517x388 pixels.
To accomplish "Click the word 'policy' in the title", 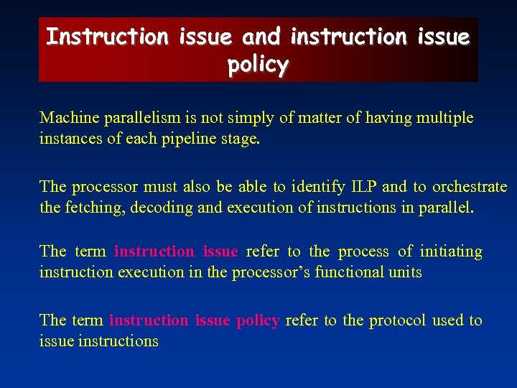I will point(258,65).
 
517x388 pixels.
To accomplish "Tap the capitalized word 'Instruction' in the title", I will point(106,36).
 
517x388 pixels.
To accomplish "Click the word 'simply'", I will point(244,118).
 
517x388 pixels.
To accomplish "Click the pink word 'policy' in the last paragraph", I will point(257,320).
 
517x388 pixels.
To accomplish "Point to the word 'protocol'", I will point(397,320).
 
